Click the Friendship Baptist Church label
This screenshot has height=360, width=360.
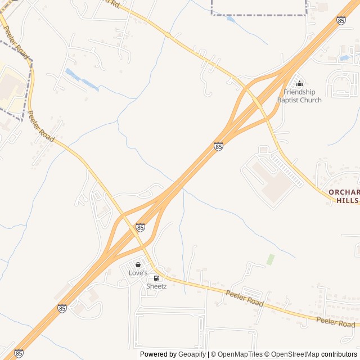point(299,96)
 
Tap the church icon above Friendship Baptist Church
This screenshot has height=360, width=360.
point(299,84)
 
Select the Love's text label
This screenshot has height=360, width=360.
point(138,273)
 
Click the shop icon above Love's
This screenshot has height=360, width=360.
point(138,264)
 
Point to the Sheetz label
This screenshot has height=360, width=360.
point(156,286)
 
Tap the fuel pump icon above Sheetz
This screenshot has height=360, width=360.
point(156,278)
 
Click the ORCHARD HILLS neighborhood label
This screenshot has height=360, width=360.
point(344,196)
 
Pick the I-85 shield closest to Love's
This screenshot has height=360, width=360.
point(140,227)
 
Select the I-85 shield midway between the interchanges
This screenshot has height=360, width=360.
point(218,146)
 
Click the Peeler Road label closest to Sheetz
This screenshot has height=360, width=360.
point(245,298)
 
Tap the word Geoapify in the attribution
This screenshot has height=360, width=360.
point(192,354)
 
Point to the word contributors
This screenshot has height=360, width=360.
point(339,354)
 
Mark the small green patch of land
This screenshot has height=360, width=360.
point(271,259)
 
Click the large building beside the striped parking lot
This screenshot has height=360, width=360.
point(267,180)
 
